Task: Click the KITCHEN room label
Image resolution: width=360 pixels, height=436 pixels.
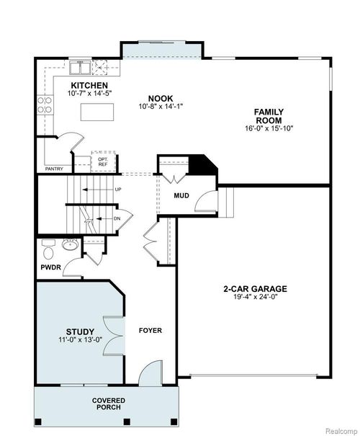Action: [90, 86]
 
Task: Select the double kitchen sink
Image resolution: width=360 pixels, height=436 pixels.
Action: [81, 68]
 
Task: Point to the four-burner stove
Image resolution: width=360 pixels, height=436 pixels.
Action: [104, 68]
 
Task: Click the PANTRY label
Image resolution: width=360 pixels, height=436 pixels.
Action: [54, 169]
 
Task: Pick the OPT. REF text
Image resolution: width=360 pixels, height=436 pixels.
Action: [93, 161]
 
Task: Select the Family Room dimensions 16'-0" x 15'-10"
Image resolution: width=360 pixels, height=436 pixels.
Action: [268, 129]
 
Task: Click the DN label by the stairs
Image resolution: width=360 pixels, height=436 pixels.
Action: [117, 218]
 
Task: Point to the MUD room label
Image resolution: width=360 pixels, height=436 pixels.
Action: [181, 195]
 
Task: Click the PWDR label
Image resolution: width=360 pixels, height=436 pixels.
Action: [49, 267]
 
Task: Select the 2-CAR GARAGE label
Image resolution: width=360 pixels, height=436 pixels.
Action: [256, 289]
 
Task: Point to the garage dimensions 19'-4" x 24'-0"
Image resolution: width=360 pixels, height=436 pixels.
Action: [256, 297]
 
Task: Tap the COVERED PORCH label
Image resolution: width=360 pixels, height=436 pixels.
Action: [108, 404]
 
